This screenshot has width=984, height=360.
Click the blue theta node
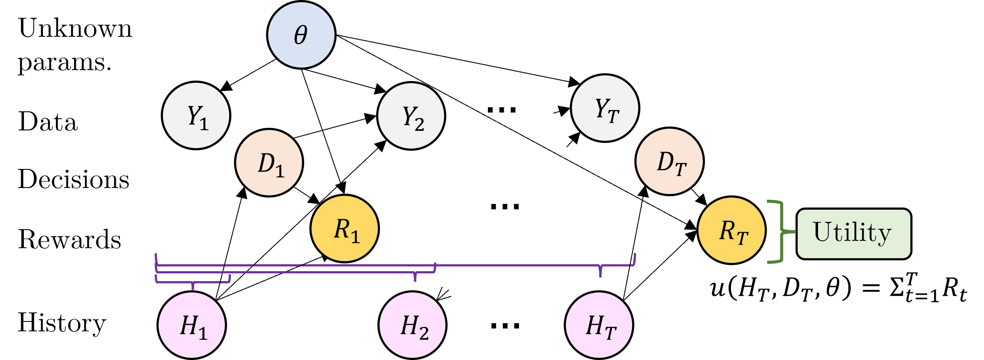(301, 35)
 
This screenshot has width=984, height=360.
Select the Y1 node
(196, 116)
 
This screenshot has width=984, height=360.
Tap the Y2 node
(411, 116)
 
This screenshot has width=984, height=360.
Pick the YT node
(605, 108)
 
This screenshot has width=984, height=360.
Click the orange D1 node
(269, 163)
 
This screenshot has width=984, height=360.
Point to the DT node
(669, 162)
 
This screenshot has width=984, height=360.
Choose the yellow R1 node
(344, 229)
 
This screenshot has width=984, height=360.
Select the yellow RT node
(731, 230)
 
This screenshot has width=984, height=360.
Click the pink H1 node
(192, 325)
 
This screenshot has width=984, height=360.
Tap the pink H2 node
(412, 325)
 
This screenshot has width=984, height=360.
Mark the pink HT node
(599, 325)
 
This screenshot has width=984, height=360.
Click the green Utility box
(854, 234)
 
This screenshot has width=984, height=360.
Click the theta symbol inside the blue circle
(301, 35)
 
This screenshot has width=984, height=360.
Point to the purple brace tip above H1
(193, 287)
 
